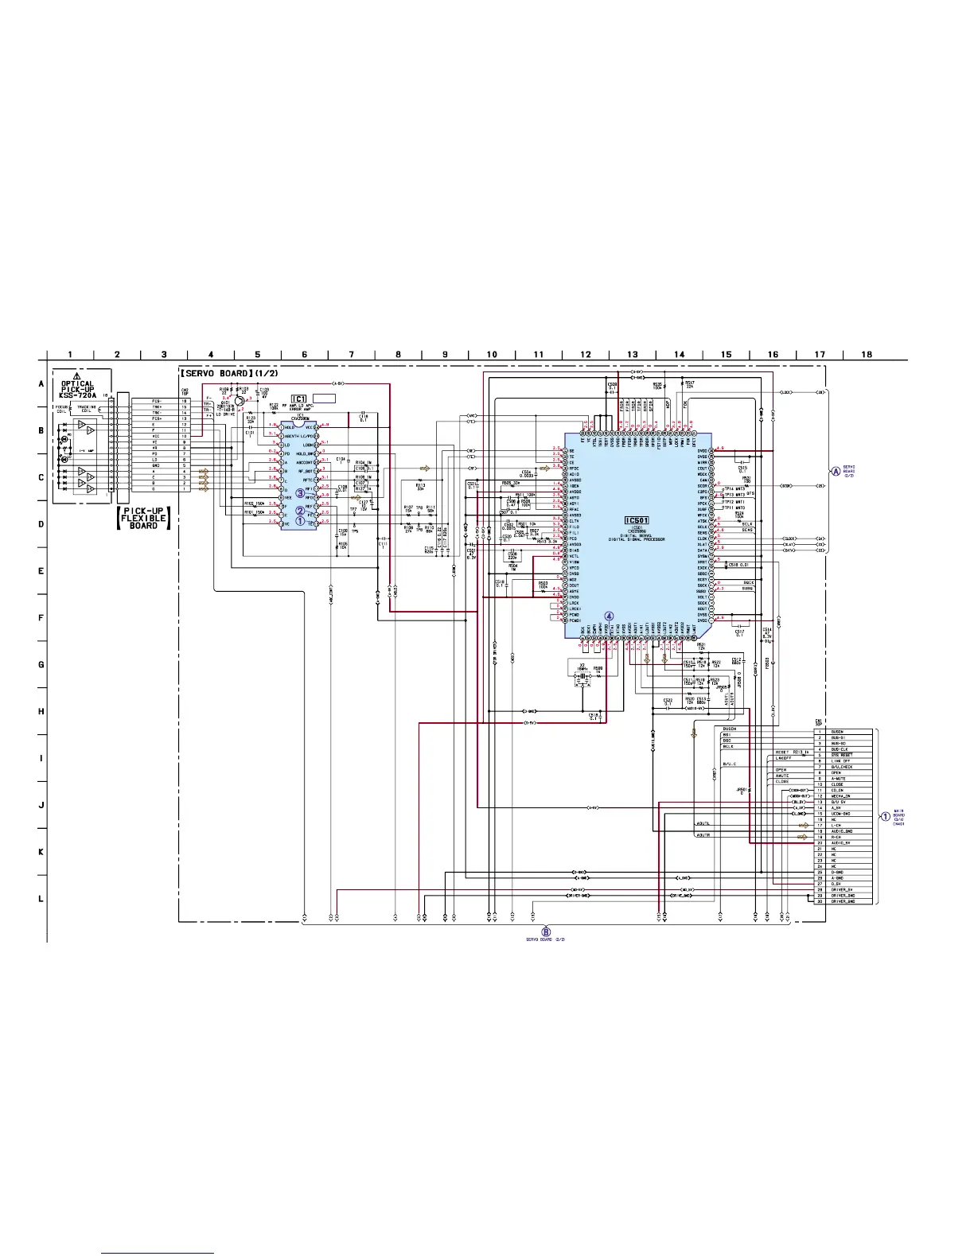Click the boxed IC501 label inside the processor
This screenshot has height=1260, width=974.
click(638, 520)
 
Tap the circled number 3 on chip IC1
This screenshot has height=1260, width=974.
click(300, 493)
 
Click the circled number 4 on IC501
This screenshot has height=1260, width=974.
click(610, 616)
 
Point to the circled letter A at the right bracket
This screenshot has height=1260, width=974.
click(836, 471)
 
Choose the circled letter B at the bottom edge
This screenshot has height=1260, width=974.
click(546, 931)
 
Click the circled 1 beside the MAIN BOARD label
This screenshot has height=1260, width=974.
click(885, 816)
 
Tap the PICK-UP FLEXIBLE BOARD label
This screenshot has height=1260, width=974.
click(144, 518)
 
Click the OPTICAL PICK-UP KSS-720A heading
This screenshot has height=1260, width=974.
click(77, 389)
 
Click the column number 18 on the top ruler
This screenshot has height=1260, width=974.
click(867, 355)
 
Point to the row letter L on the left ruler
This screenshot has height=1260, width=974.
click(41, 899)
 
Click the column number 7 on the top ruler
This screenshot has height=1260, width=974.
click(351, 355)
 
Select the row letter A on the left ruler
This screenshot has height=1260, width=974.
click(41, 383)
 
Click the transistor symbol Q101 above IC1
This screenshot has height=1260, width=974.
click(239, 403)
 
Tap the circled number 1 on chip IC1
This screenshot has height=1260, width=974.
click(300, 522)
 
